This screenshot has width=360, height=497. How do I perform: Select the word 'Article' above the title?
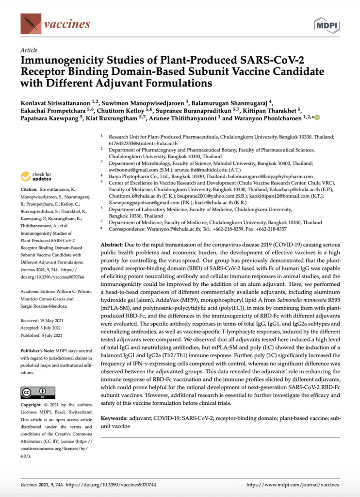coord(29,50)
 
